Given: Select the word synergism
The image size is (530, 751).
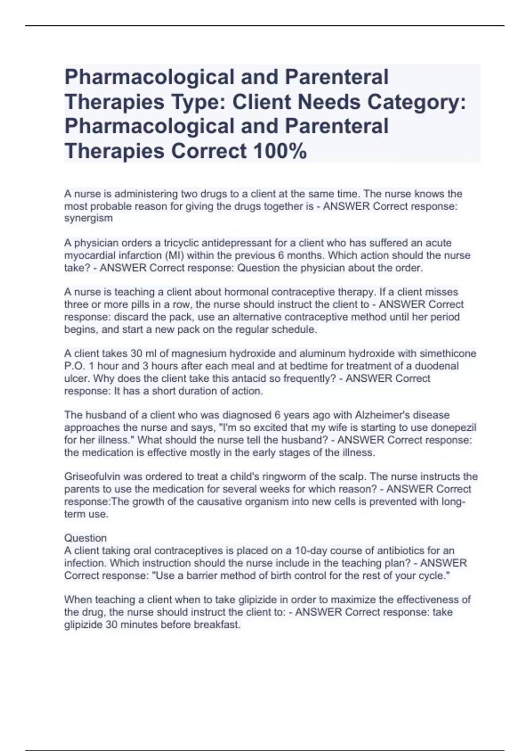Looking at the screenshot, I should [88, 218].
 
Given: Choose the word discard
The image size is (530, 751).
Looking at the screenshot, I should [131, 317].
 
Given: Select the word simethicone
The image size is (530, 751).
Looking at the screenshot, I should [448, 353].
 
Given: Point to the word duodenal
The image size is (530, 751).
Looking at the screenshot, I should [438, 366].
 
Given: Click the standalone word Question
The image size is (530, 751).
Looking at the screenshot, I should [86, 538].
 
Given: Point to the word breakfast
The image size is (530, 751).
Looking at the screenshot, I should [217, 625].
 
